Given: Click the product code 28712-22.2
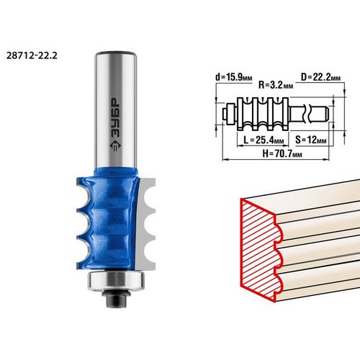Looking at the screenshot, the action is (x=32, y=55).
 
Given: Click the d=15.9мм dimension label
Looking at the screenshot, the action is (x=234, y=77).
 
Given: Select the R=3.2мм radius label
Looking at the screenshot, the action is (x=276, y=85).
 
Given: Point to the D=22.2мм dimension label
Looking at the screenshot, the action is (x=320, y=77).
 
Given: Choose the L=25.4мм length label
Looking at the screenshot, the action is (x=264, y=140).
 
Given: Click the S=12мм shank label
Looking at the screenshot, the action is (x=311, y=140).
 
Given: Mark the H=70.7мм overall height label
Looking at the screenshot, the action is (x=282, y=153).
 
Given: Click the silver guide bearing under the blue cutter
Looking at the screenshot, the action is (x=116, y=281).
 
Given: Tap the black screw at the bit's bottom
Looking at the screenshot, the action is (x=116, y=298).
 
